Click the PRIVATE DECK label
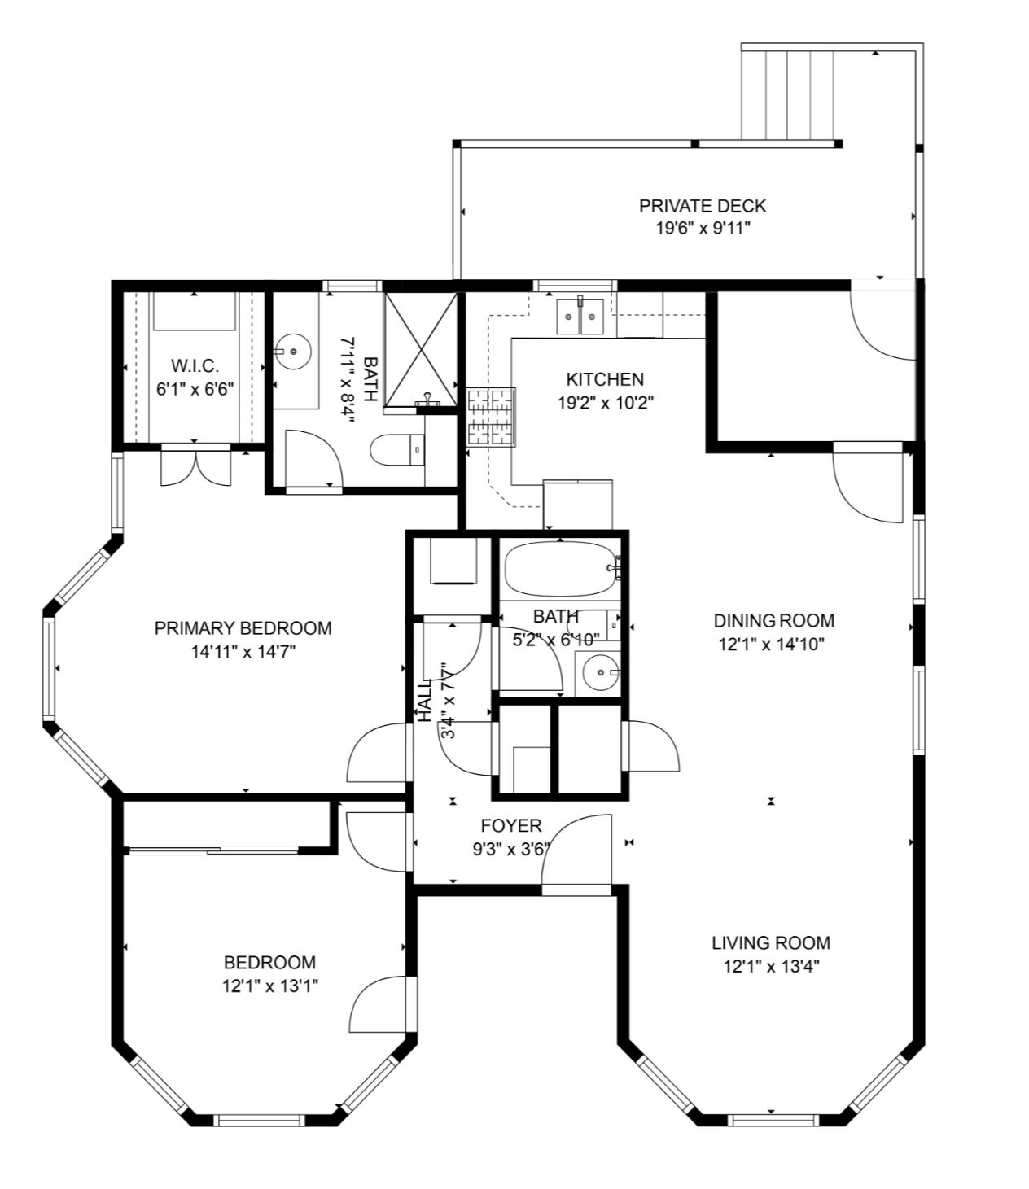pos(703,206)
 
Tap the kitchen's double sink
pos(580,317)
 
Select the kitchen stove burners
pos(491,417)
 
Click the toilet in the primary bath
pos(397,450)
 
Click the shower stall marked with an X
pos(421,349)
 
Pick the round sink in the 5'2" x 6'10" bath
pos(600,672)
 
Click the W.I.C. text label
pos(195,365)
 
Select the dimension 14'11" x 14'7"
pos(243,652)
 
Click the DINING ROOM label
pos(774,621)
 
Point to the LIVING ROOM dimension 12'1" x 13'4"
pos(771,967)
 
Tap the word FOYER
pos(511,826)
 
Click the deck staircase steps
pos(787,95)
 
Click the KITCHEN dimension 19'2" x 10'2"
pos(606,403)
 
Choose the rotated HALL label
pos(425,700)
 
